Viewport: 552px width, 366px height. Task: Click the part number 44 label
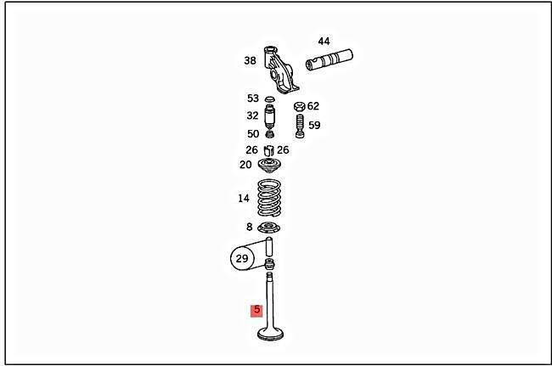(x=324, y=41)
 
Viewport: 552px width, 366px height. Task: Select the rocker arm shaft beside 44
(x=329, y=59)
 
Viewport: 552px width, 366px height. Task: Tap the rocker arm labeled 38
(x=280, y=70)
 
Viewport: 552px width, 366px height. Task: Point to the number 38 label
(x=250, y=60)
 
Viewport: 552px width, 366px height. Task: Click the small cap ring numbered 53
(x=270, y=99)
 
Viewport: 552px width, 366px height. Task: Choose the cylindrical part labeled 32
(x=270, y=117)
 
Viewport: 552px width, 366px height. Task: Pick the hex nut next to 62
(x=299, y=106)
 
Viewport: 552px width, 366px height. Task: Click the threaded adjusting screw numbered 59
(x=300, y=126)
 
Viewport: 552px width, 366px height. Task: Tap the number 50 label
(x=253, y=133)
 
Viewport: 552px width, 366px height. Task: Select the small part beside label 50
(x=270, y=134)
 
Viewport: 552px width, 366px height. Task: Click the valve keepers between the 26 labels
(x=269, y=150)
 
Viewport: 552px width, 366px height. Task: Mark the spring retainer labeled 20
(x=270, y=166)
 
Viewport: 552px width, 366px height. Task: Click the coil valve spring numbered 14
(x=270, y=198)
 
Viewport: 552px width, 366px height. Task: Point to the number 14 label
(x=243, y=198)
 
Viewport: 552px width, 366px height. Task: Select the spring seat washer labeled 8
(x=269, y=228)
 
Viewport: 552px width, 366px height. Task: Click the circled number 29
(x=242, y=259)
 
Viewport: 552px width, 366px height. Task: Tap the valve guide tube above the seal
(x=269, y=247)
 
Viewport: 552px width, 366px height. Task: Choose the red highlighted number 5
(x=256, y=310)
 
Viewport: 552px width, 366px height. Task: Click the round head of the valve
(x=270, y=334)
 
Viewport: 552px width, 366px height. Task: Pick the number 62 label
(x=313, y=106)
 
